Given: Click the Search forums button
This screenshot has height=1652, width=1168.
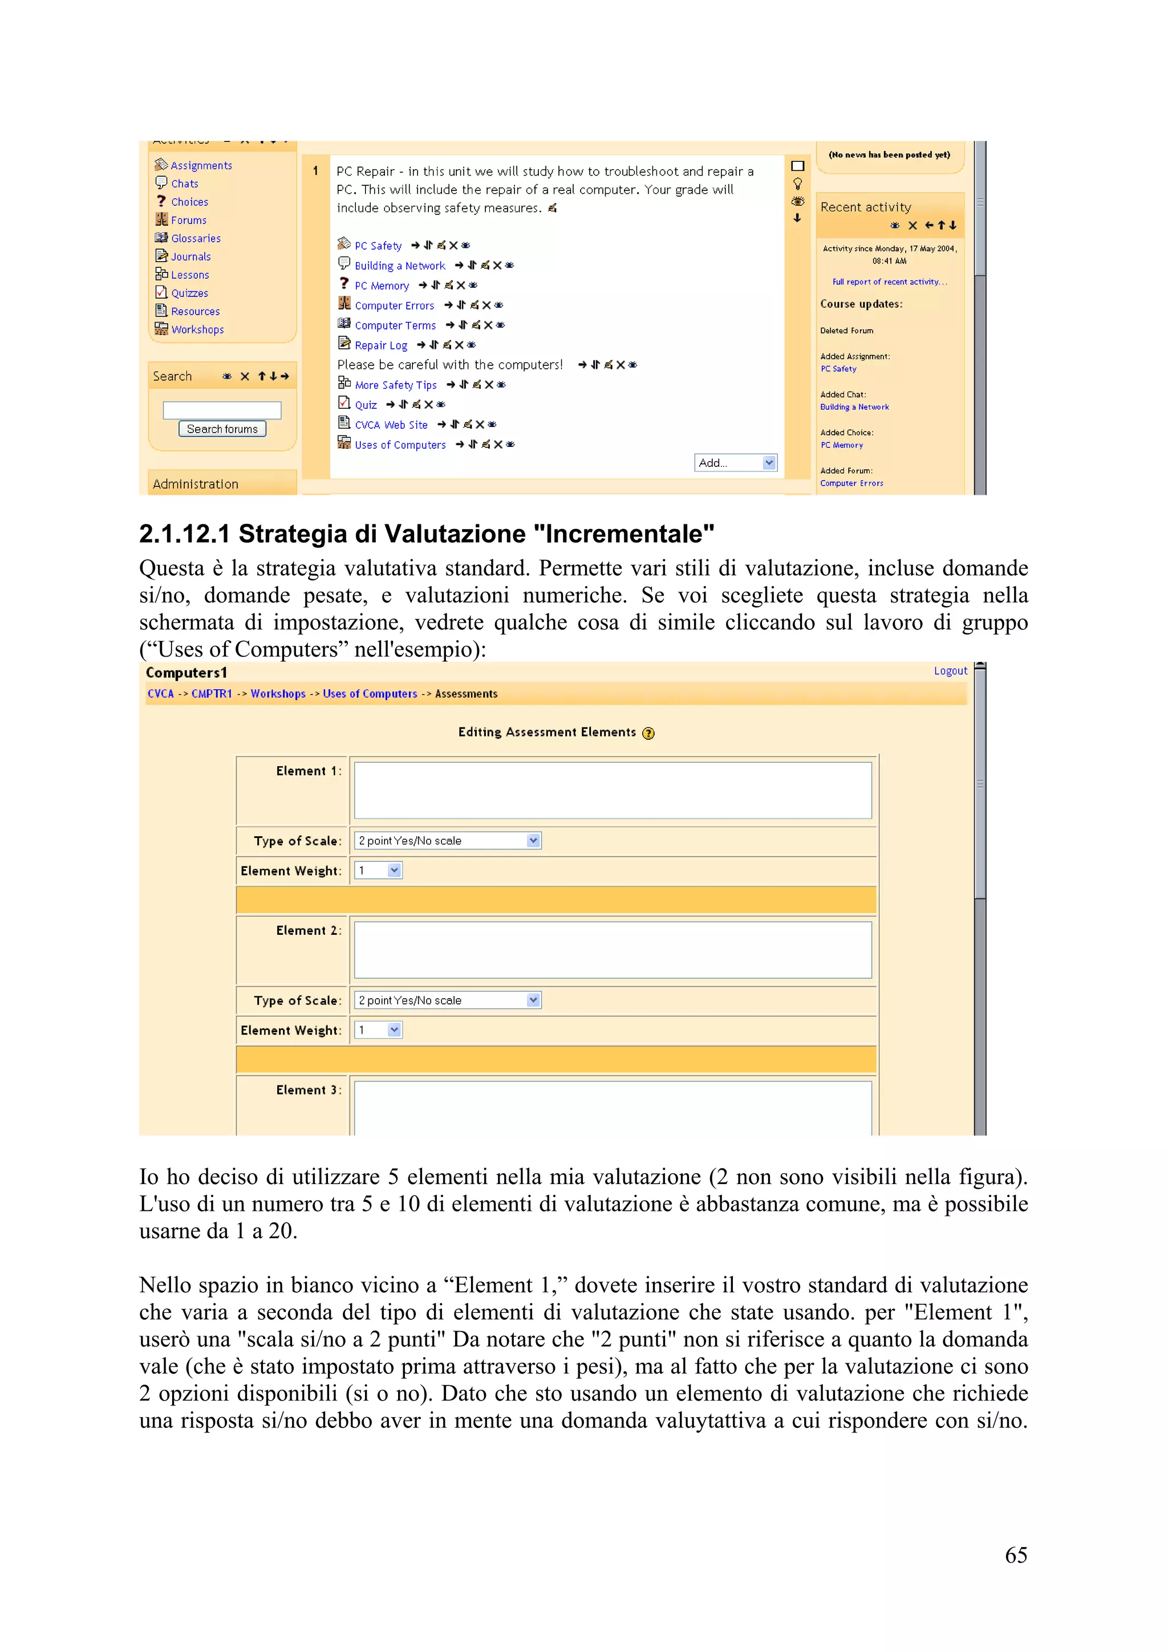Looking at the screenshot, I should coord(222,429).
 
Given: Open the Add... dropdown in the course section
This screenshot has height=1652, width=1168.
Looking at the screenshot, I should coord(735,463).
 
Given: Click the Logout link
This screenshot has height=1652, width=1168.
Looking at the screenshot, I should coord(950,670).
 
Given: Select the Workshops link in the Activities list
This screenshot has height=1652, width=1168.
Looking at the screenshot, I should coord(197,329).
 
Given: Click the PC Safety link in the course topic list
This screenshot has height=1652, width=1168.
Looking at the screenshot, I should coord(378,245).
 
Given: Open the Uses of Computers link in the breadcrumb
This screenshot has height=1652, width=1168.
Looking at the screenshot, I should coord(370,694).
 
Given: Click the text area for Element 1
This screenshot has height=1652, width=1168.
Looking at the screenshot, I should coord(613,790).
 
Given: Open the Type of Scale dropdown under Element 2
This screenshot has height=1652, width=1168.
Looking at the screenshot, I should coord(448,1000).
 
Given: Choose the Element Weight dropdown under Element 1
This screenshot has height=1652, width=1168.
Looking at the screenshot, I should coord(378,870).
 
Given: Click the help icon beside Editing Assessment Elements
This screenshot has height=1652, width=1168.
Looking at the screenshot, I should coord(648,733).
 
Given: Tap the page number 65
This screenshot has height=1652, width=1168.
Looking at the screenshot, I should coord(1015,1555).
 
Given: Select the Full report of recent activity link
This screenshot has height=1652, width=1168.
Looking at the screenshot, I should coord(890,282).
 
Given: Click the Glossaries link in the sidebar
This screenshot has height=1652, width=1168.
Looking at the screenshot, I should coord(196,238).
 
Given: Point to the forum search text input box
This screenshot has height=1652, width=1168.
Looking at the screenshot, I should coord(222,410).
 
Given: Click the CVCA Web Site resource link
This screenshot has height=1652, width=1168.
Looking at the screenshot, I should coord(391,425).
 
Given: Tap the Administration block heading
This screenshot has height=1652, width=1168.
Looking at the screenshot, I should coord(196,484).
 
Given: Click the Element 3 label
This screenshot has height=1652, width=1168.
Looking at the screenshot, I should coord(307,1090).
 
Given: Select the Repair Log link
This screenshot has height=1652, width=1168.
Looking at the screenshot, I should coord(381,345).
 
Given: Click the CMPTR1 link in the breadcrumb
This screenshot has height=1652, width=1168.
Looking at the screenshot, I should coord(212,694).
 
